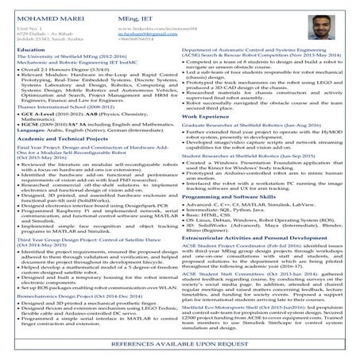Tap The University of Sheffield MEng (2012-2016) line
pyautogui.click(x=60, y=57)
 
